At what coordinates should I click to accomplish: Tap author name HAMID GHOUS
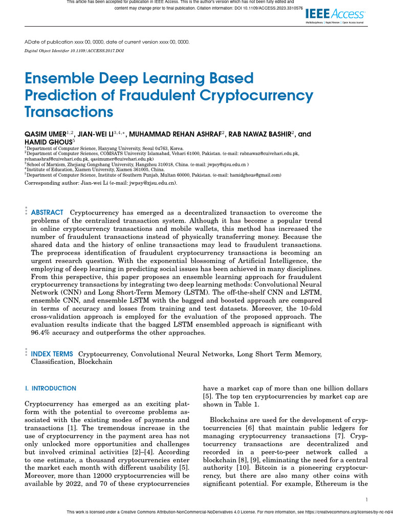click(48, 141)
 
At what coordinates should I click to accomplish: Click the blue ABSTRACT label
click(48, 212)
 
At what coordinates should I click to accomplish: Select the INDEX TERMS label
click(52, 354)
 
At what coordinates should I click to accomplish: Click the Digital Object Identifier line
click(74, 51)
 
